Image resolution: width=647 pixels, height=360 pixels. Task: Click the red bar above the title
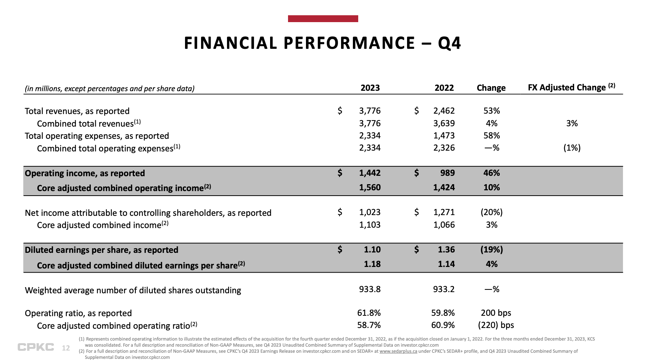[323, 19]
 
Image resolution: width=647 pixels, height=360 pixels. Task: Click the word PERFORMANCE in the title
[349, 43]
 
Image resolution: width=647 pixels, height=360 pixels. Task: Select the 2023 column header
[370, 88]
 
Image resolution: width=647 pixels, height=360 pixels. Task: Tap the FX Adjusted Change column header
[571, 87]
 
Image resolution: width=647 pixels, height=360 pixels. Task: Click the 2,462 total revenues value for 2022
[444, 111]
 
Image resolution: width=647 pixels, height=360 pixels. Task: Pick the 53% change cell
[491, 111]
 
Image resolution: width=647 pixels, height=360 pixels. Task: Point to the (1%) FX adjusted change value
[571, 148]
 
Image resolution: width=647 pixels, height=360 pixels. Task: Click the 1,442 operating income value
[370, 173]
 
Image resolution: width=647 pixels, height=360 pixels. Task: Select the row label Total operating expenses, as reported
[97, 136]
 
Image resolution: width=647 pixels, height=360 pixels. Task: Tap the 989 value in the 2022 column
[447, 173]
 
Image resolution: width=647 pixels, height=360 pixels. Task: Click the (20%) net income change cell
[491, 212]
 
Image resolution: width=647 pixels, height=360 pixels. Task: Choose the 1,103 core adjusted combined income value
[370, 225]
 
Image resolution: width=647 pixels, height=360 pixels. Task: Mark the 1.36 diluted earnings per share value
[446, 250]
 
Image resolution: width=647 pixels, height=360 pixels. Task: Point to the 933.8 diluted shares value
[370, 289]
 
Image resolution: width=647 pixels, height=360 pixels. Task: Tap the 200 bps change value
[496, 313]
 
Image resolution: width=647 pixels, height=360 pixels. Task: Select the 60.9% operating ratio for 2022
[443, 325]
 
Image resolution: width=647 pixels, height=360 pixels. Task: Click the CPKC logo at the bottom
[36, 347]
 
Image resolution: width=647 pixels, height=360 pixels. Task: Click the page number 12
[66, 348]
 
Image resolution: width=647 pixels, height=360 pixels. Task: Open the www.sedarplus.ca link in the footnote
[398, 351]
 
